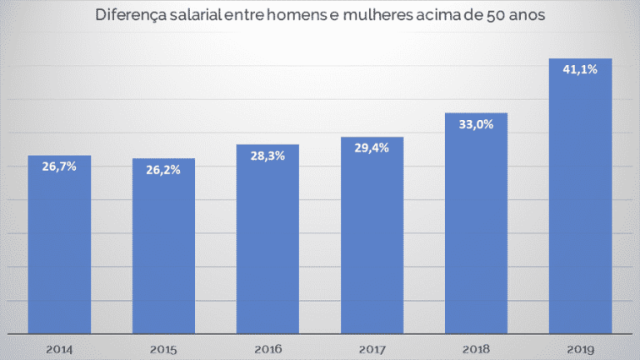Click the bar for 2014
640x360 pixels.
(x=59, y=250)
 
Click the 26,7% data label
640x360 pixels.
(x=59, y=167)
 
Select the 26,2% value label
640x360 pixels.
(x=163, y=169)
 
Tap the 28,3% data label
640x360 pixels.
(x=267, y=155)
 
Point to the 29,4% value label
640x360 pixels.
(x=372, y=147)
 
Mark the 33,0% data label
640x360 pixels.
(x=476, y=124)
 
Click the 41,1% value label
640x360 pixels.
(x=580, y=70)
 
